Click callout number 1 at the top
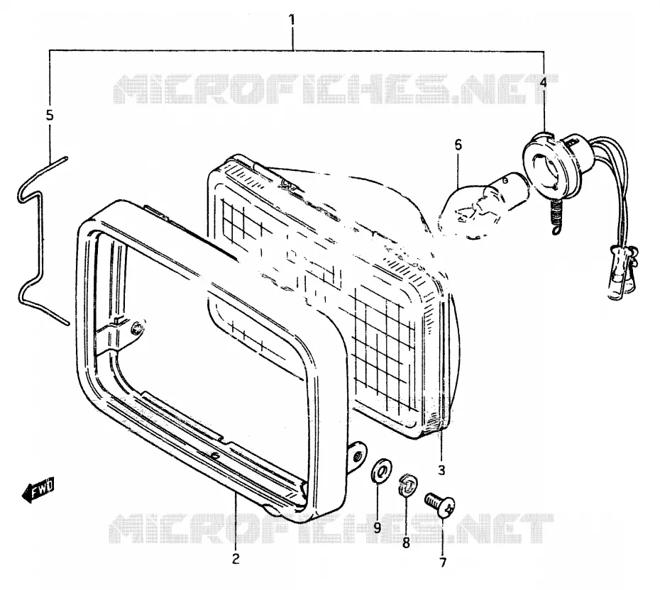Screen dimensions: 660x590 coord(292,20)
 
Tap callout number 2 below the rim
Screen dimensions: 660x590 coord(236,559)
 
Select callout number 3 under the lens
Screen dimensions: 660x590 coord(441,469)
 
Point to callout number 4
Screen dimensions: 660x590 coord(544,82)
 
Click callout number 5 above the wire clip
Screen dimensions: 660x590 coord(50,115)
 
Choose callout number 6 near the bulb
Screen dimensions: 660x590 coord(458,145)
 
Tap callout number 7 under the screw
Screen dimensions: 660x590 coord(442,562)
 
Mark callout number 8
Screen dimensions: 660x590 coord(406,543)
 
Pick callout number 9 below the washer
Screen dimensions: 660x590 coord(377,527)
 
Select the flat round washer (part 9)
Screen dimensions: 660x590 coord(381,472)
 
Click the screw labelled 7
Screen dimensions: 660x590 coord(440,503)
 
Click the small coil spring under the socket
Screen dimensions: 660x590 coord(555,216)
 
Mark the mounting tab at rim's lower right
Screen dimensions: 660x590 coord(356,456)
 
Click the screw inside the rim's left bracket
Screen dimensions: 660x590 coord(137,328)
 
